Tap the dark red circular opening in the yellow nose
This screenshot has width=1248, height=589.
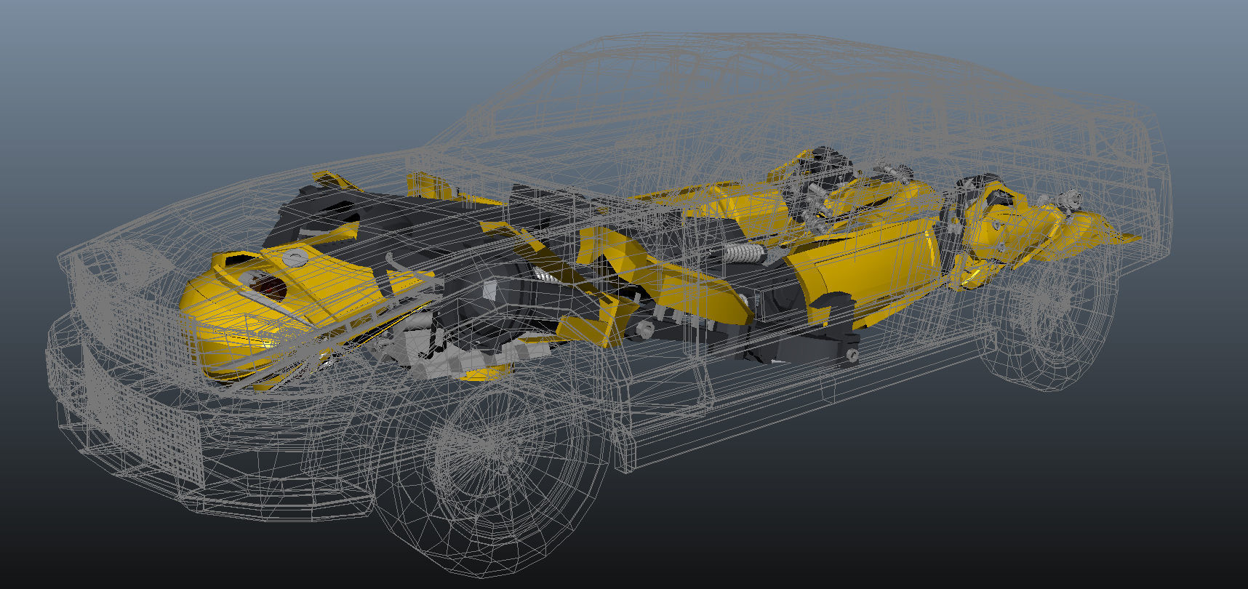click(x=271, y=288)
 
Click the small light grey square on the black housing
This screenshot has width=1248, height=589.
click(x=490, y=290)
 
